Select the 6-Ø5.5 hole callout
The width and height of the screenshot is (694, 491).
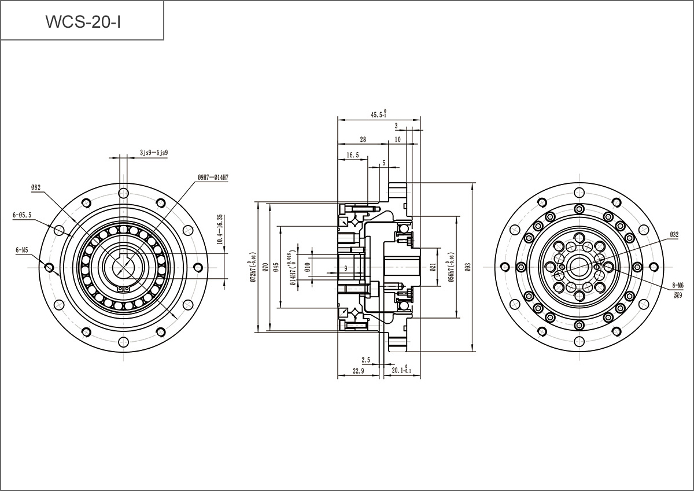pyautogui.click(x=22, y=215)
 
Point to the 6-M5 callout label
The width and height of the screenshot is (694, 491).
pyautogui.click(x=22, y=250)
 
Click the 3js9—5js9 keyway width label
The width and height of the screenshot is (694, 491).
pyautogui.click(x=154, y=153)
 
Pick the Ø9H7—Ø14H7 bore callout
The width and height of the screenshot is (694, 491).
pyautogui.click(x=212, y=178)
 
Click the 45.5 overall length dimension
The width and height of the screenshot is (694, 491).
pyautogui.click(x=379, y=115)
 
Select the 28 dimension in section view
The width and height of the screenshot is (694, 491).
pyautogui.click(x=363, y=139)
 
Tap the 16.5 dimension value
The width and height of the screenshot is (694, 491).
pyautogui.click(x=353, y=155)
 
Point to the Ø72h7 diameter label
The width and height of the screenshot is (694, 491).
pyautogui.click(x=253, y=267)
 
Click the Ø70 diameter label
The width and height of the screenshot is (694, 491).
pyautogui.click(x=264, y=267)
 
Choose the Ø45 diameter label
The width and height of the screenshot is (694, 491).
pyautogui.click(x=276, y=267)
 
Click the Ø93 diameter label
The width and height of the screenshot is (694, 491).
pyautogui.click(x=468, y=267)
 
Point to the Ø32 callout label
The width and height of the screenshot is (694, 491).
pyautogui.click(x=674, y=234)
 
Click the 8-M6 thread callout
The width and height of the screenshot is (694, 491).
pyautogui.click(x=677, y=285)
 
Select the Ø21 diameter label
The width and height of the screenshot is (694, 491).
pyautogui.click(x=433, y=267)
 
